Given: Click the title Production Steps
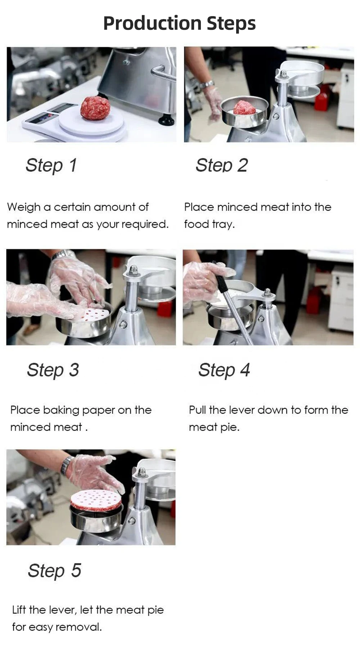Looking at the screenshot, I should (x=179, y=23).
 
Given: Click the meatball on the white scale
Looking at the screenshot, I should (x=95, y=108).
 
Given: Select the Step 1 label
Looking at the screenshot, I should (x=51, y=165).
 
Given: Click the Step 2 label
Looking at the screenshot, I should (x=221, y=165).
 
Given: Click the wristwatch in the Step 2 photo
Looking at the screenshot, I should (x=207, y=85).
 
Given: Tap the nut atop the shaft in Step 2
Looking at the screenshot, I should (x=283, y=74).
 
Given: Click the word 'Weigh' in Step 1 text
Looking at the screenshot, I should (x=24, y=207).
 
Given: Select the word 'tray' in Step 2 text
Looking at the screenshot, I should (x=223, y=224).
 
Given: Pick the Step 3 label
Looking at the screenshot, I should (x=53, y=370).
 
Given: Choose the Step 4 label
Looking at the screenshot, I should (x=224, y=370).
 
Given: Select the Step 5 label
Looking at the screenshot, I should (x=54, y=571).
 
